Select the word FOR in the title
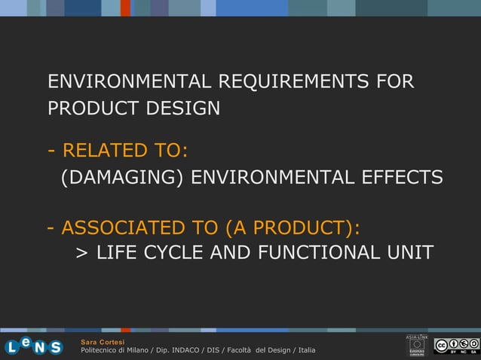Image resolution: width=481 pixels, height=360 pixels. point(394,81)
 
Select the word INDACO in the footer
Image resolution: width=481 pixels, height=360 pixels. point(190,351)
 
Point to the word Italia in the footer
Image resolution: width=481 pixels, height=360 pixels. point(306,351)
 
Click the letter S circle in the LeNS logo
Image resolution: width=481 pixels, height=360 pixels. point(54,347)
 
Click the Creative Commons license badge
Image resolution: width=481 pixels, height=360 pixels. point(456,346)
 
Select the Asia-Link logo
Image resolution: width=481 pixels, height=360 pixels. point(417,345)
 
